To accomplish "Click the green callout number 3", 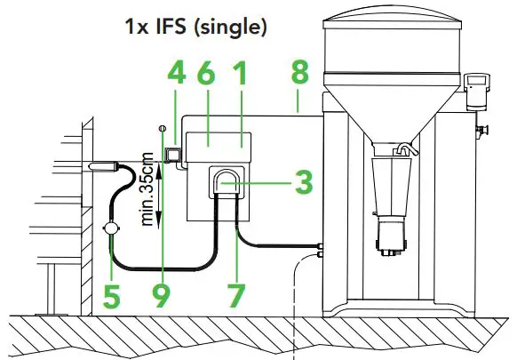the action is click(x=304, y=182).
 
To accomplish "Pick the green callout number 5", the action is click(x=112, y=297).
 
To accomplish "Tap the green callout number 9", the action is click(x=162, y=297).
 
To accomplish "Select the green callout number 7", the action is click(x=236, y=297).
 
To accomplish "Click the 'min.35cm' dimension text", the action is click(x=147, y=189).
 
